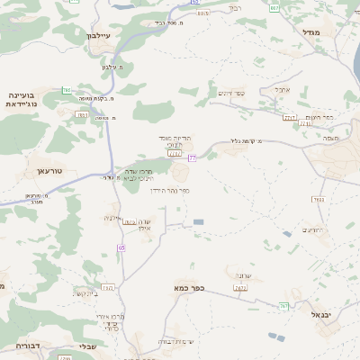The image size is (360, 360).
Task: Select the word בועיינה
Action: click(x=21, y=94)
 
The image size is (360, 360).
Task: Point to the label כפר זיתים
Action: click(x=231, y=93)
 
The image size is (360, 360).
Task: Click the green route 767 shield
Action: click(x=283, y=307)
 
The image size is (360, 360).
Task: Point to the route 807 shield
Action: click(x=274, y=6)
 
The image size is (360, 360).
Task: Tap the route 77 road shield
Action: click(x=192, y=158)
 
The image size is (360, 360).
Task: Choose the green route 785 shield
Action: click(x=67, y=91)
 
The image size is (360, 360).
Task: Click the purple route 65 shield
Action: click(x=121, y=247)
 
